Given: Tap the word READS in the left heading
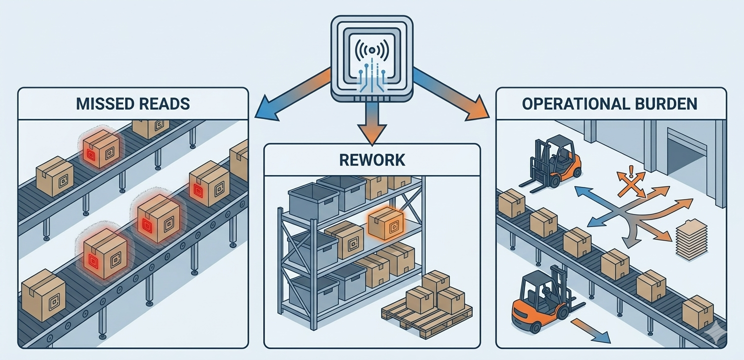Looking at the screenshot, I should pyautogui.click(x=165, y=103).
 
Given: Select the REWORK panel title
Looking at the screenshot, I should pyautogui.click(x=371, y=160).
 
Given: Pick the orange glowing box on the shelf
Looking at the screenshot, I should pyautogui.click(x=385, y=223).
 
